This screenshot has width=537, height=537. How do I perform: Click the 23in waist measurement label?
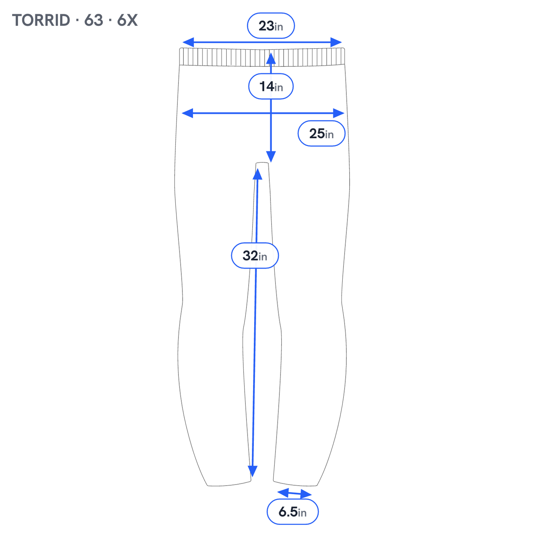[271, 26]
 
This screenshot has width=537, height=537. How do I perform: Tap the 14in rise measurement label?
[271, 86]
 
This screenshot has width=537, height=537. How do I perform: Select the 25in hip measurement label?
[321, 133]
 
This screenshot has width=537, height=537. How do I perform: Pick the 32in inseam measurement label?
[255, 255]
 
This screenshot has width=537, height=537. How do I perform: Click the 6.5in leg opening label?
[292, 512]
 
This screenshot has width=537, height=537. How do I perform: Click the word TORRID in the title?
[41, 20]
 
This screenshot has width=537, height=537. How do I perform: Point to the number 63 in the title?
[94, 20]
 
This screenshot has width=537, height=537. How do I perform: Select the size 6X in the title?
[127, 20]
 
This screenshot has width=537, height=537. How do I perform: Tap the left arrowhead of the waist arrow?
[188, 42]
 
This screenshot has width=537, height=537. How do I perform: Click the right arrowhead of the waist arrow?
[336, 42]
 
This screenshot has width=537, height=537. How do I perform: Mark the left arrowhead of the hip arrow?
[187, 113]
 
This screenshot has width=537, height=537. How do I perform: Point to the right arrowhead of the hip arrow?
[339, 113]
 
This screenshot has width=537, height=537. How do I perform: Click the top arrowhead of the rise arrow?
[271, 58]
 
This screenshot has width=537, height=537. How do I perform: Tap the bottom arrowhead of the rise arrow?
[271, 156]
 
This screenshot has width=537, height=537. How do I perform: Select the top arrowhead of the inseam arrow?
[257, 174]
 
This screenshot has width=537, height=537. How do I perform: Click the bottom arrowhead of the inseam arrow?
[252, 471]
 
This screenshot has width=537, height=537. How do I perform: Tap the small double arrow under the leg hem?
[294, 493]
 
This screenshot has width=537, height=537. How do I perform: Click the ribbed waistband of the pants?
[262, 57]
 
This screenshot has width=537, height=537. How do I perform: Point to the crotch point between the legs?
[262, 163]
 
